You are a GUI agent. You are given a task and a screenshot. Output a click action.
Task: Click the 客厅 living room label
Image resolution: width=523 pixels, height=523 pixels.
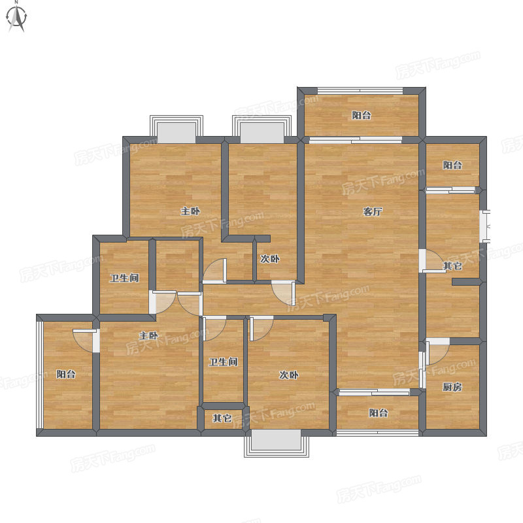point(372,211)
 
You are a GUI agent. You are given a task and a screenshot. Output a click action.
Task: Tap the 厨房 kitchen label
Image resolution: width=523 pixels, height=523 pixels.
point(452,387)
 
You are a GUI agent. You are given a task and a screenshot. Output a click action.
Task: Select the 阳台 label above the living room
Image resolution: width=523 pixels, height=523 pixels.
point(362,116)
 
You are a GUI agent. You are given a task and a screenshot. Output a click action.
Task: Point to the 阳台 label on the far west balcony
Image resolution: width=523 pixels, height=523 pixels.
point(66,374)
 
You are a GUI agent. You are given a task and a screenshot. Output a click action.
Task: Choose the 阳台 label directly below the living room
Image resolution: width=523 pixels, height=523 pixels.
point(379,413)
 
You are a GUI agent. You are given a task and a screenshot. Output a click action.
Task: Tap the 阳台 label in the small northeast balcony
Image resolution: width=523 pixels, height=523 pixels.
point(452,165)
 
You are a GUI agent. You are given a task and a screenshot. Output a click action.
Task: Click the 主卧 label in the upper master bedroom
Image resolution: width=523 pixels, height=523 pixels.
point(190,211)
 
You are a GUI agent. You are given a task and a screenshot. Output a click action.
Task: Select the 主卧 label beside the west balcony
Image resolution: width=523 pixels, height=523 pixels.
point(148,335)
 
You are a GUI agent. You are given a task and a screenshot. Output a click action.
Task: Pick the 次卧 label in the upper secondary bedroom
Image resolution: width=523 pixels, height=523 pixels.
point(270,259)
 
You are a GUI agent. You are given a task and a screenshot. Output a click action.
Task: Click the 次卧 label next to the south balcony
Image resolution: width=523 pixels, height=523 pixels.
point(288,375)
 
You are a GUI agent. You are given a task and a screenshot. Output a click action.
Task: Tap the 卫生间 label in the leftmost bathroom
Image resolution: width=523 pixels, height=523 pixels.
point(124,278)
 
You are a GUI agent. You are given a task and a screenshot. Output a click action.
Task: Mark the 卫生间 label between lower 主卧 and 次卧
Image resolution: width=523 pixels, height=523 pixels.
point(223,362)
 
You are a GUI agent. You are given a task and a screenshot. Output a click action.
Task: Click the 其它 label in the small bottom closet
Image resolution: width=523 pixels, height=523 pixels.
point(222,418)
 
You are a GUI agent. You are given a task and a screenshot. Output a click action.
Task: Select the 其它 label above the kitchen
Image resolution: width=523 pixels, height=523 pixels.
point(452,266)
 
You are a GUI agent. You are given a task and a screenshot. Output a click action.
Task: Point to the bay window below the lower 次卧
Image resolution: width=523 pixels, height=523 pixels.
point(277,443)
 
